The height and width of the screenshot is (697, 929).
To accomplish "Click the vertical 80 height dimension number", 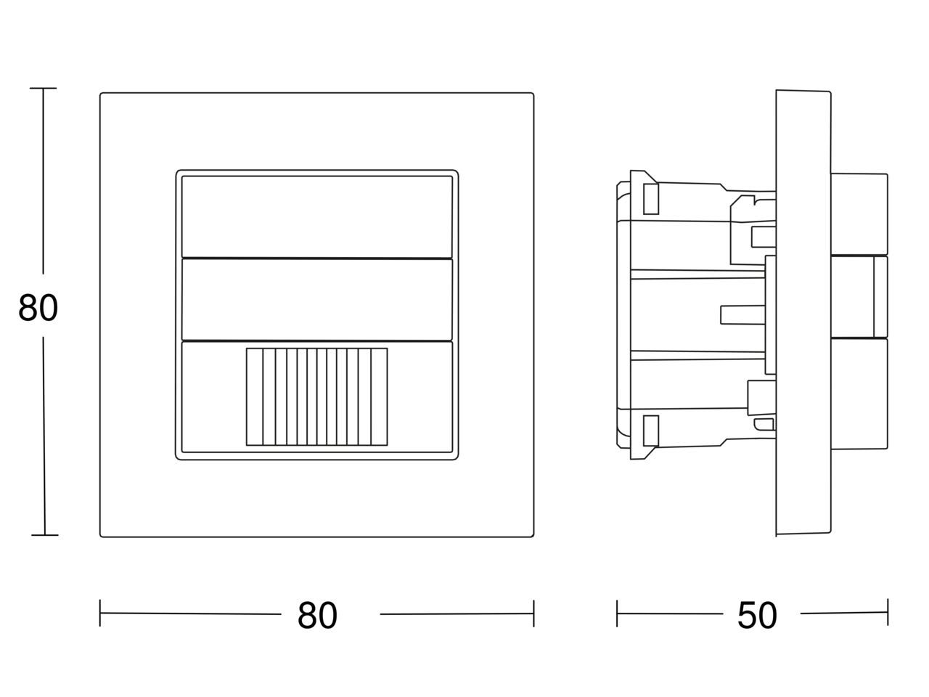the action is tap(38, 308).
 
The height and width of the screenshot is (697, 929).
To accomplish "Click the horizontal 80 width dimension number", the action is tap(317, 616).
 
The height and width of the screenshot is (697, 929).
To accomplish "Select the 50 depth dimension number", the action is tap(757, 616).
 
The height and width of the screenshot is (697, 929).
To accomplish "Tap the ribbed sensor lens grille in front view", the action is tap(316, 396).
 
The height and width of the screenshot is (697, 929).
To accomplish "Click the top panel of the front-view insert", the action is tap(317, 216).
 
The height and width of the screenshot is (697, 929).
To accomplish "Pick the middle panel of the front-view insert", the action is tap(317, 300).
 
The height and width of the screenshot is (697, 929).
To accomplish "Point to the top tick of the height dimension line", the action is tap(43, 88).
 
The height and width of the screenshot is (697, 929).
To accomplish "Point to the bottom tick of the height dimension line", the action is tap(45, 535).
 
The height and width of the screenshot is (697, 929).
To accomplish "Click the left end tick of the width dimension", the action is tap(100, 613).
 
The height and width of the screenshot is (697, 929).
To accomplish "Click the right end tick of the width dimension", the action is tap(533, 614).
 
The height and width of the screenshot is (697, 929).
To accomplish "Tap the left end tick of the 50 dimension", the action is tap(617, 614).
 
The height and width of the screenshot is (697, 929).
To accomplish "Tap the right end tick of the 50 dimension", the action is tap(888, 612).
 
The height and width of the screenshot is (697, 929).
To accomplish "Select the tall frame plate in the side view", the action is tap(803, 312).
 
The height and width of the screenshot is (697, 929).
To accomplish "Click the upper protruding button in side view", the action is tap(859, 214).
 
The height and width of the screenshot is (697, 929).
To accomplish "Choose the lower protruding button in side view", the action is tap(859, 394).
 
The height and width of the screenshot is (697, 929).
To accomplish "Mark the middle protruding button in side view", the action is tap(859, 297).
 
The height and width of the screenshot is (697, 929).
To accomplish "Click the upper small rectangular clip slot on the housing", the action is tap(651, 199).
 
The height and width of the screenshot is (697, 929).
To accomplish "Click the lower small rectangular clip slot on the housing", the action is tap(651, 431).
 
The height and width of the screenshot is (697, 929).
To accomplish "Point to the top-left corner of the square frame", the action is tap(100, 93).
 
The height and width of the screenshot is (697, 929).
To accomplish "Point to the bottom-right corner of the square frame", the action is tap(533, 537).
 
